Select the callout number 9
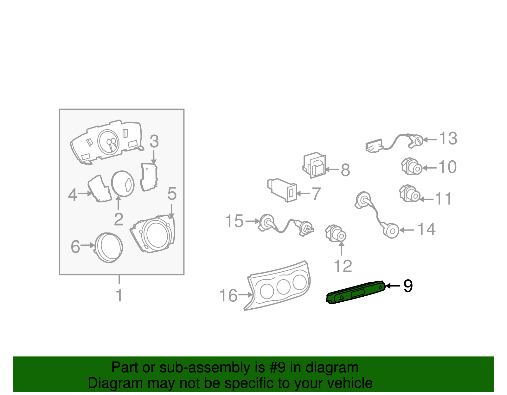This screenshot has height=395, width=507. tap(408, 286)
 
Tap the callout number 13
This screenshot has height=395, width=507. tap(448, 138)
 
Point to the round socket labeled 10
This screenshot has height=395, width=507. tap(412, 166)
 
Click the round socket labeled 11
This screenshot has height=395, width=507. tap(410, 194)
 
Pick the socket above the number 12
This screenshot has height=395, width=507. tap(336, 233)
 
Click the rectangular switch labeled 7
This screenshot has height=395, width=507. tap(282, 190)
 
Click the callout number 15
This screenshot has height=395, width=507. tap(234, 221)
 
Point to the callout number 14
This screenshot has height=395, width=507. tap(426, 229)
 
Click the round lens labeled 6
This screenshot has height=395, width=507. tap(108, 248)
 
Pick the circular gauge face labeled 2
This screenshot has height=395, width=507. tap(123, 184)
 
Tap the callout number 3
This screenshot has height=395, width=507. tap(154, 141)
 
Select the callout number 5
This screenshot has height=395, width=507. tap(172, 194)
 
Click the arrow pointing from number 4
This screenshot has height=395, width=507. tap(85, 194)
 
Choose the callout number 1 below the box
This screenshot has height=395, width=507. tap(119, 295)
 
